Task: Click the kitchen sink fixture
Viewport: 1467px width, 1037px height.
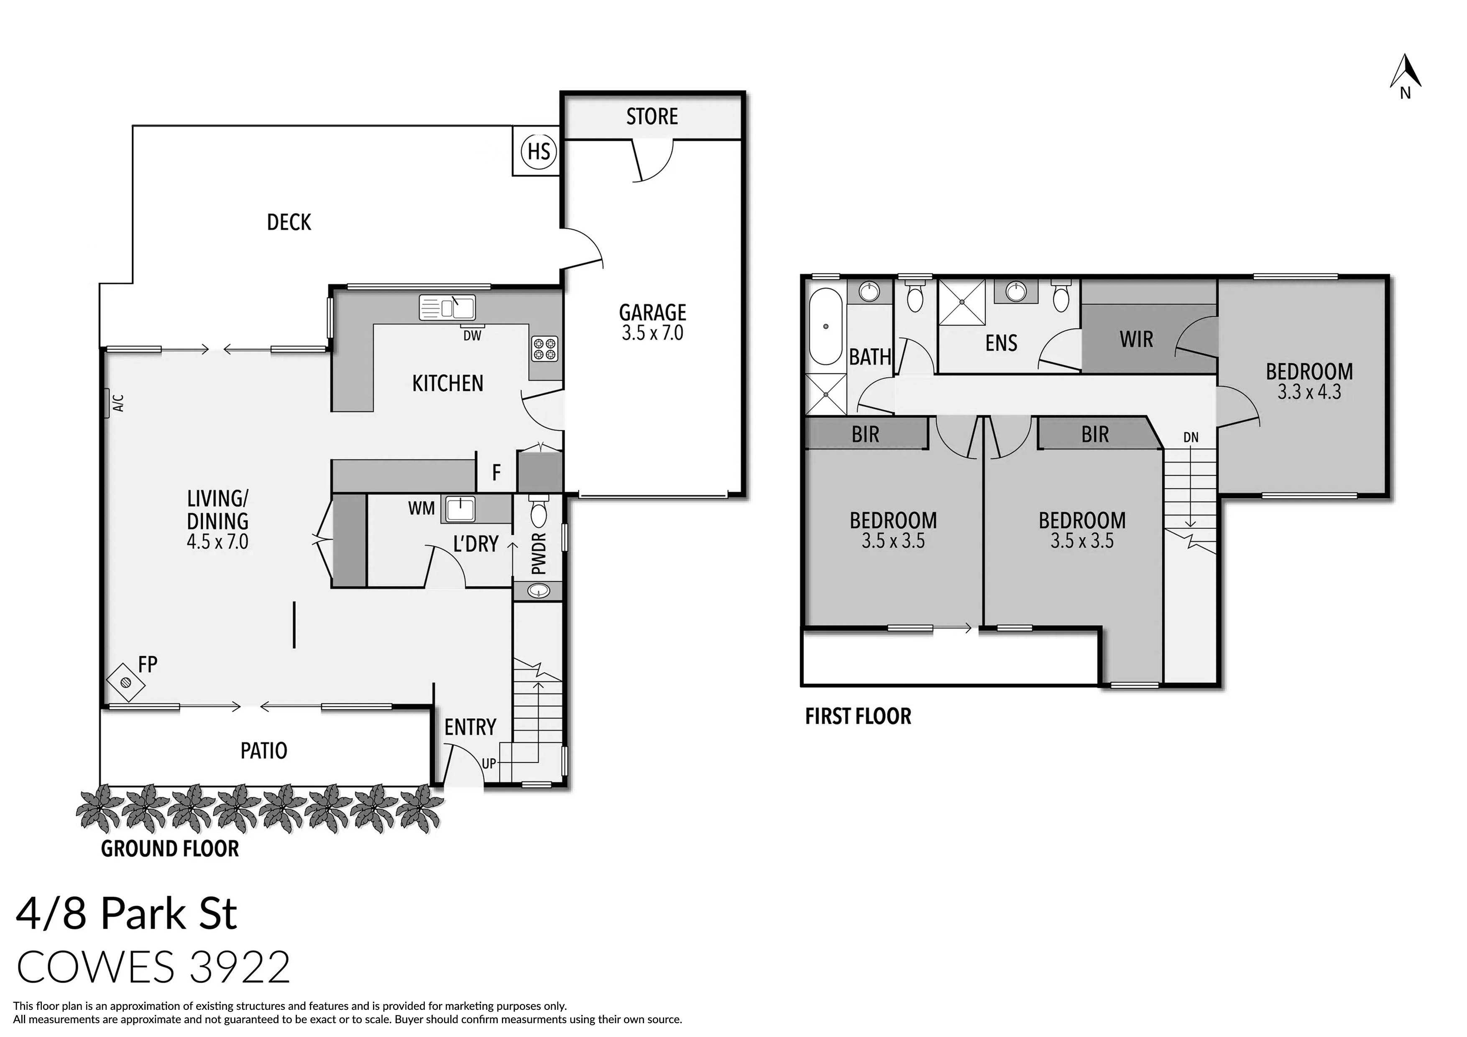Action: (447, 307)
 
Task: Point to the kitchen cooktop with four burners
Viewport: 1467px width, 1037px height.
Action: (545, 350)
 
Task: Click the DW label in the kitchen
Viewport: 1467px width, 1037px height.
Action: (472, 335)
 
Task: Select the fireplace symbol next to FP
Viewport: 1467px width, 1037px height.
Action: (125, 683)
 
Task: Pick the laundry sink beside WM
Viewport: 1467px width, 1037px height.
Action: (460, 509)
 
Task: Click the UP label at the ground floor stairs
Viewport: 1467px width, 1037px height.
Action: (489, 763)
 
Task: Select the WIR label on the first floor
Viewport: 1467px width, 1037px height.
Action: (1136, 339)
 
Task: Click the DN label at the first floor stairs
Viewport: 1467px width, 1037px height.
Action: (1190, 438)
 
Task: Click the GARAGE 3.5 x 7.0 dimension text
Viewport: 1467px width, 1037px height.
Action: (652, 333)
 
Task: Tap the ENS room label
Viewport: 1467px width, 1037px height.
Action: (1001, 343)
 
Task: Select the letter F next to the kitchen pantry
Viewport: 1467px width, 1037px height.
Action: (496, 473)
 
